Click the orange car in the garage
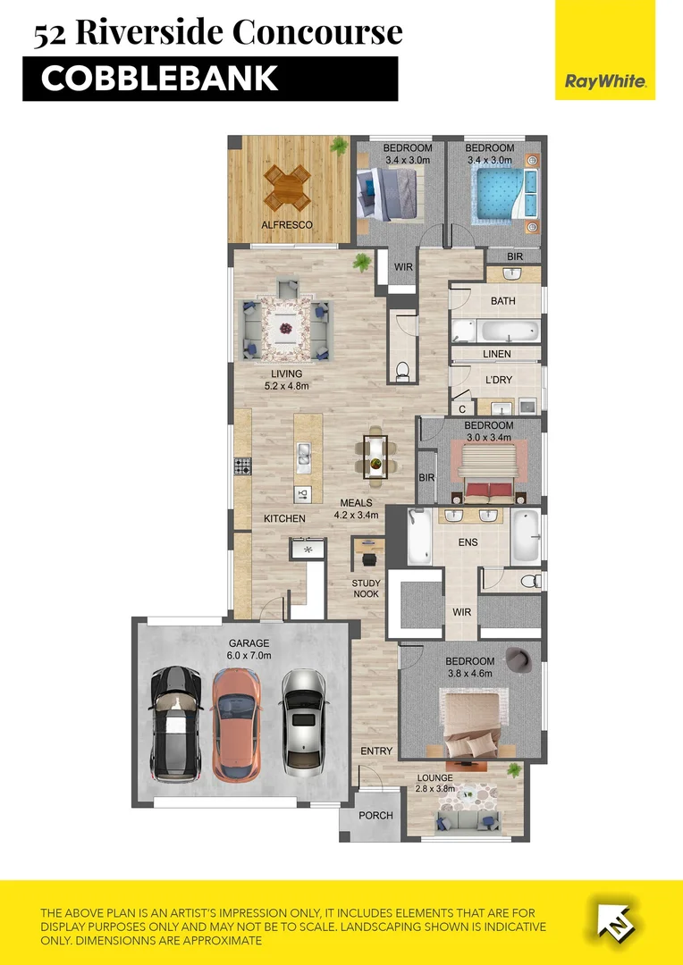click(236, 724)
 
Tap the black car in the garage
click(174, 724)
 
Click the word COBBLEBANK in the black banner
click(159, 79)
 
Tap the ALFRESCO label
click(287, 225)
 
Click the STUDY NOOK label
click(366, 588)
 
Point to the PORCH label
click(375, 816)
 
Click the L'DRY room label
click(498, 379)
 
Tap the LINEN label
click(497, 355)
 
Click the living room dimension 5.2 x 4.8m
click(286, 387)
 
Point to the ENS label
click(468, 542)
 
